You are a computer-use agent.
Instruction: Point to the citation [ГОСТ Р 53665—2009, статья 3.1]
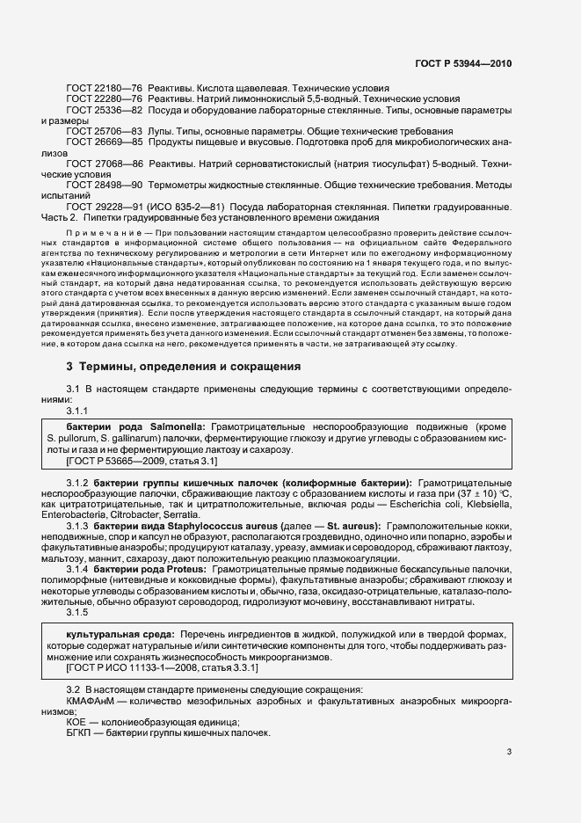(x=142, y=460)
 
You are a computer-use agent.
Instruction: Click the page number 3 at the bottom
(x=509, y=752)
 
